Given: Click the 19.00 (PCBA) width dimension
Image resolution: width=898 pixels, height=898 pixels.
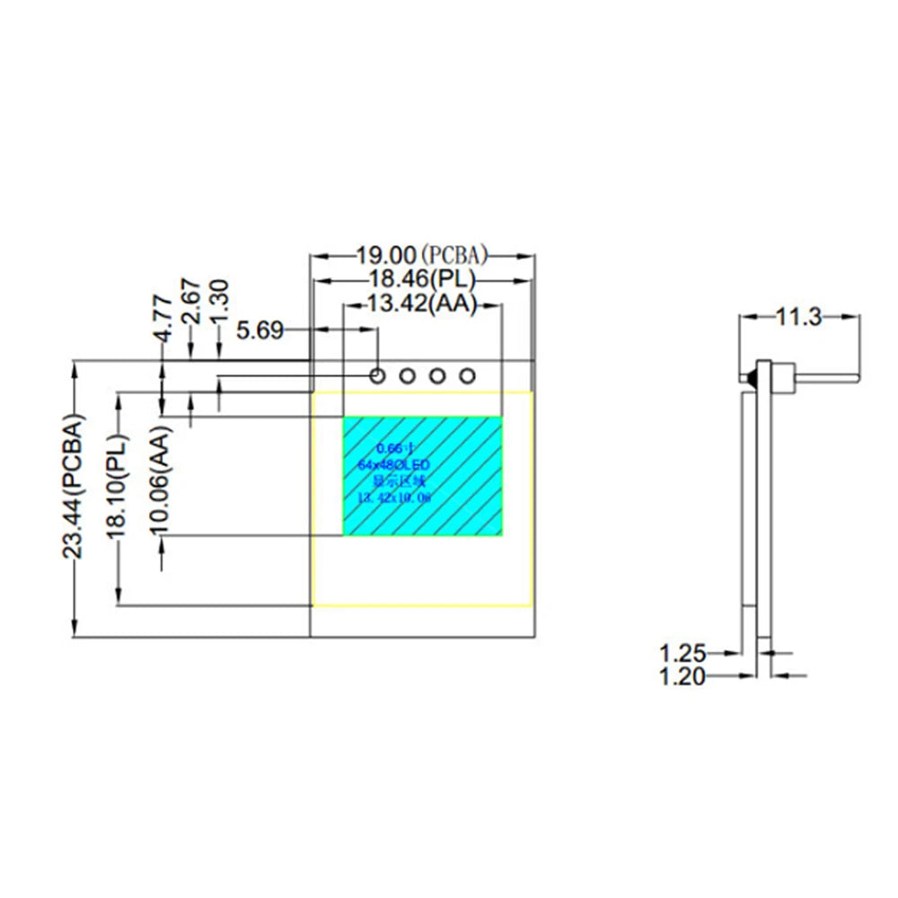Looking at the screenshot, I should click(423, 255).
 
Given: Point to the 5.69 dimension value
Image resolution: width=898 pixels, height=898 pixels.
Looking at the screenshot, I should click(260, 331).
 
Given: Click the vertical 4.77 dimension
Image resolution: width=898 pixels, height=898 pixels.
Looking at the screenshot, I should click(163, 319).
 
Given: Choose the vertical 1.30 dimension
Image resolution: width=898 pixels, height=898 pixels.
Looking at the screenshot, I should click(220, 297).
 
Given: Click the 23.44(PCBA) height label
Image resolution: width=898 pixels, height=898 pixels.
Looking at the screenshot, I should click(73, 486).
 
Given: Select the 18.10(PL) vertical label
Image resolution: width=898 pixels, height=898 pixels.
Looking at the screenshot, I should click(118, 484).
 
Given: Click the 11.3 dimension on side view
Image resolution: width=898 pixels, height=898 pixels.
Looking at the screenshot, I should click(799, 317).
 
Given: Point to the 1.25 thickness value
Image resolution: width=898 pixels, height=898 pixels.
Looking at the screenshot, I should click(683, 652).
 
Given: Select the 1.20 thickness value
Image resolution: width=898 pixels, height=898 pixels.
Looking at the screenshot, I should click(683, 676).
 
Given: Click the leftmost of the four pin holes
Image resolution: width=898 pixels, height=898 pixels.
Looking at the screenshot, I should click(377, 374).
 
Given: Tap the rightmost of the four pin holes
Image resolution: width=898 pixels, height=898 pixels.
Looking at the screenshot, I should click(466, 374).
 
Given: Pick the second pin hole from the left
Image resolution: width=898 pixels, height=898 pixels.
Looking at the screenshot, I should click(407, 374).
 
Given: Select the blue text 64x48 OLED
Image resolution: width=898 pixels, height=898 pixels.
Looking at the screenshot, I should click(394, 463).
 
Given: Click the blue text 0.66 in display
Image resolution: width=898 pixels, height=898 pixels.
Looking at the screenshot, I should click(394, 447).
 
